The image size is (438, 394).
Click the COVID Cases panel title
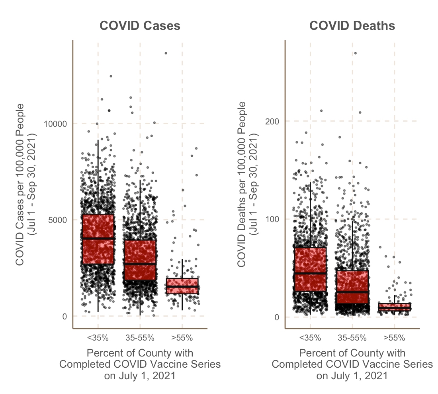[x=140, y=26]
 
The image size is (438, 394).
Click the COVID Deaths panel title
[x=352, y=26]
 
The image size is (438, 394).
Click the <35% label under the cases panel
[x=98, y=338]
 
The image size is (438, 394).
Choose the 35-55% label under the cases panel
[x=140, y=338]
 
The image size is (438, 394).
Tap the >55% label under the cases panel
[x=182, y=338]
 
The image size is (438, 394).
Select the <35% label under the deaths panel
[x=310, y=338]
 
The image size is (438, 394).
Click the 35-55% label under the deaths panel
[x=352, y=338]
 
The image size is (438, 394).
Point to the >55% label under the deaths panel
[x=394, y=338]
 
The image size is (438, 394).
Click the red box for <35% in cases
[x=98, y=239]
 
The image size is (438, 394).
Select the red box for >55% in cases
[x=182, y=286]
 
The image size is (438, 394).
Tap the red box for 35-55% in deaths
[x=352, y=287]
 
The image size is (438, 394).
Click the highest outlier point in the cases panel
[x=166, y=53]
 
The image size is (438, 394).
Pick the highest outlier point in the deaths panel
[x=355, y=53]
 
